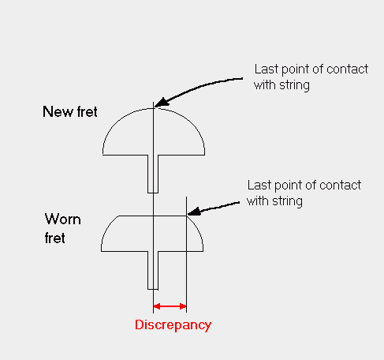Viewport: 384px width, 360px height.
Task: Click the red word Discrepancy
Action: (x=173, y=325)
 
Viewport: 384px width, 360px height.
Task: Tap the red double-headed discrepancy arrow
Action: (x=170, y=306)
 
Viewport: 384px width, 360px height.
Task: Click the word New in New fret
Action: (x=58, y=111)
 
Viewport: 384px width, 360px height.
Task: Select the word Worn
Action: (x=62, y=219)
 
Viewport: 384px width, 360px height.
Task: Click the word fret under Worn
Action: (x=54, y=238)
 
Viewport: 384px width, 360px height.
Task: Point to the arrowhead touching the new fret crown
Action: (x=161, y=103)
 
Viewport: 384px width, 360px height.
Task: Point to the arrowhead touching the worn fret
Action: (x=194, y=212)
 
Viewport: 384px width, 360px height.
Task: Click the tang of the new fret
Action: (x=153, y=174)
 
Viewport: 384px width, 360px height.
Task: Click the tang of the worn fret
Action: (x=153, y=271)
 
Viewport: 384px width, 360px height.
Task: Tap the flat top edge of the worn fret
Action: (x=152, y=216)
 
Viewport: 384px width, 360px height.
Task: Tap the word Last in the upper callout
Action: (x=267, y=69)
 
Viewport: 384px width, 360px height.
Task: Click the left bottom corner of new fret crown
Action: (x=103, y=155)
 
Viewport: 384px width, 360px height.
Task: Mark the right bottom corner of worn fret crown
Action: (x=203, y=251)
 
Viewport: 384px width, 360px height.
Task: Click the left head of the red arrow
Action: (x=157, y=306)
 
